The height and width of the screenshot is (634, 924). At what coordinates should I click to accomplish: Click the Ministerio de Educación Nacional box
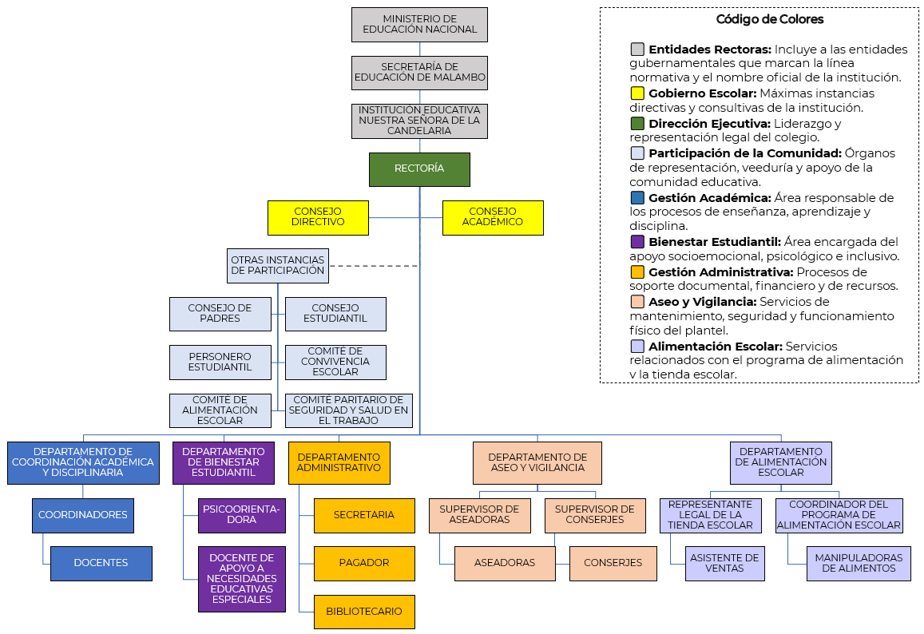pos(419,24)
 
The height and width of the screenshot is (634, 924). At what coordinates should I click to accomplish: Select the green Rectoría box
pos(419,169)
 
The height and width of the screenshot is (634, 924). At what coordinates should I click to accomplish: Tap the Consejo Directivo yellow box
pos(318,217)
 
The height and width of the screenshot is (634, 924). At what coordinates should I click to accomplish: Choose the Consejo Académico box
pos(493,217)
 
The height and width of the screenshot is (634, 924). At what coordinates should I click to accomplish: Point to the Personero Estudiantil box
pos(220,362)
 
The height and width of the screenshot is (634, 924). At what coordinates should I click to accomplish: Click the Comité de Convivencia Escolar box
pos(335,362)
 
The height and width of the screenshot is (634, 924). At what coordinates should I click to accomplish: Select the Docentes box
pos(101,563)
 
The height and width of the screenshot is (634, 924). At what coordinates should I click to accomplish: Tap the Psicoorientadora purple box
pos(241,515)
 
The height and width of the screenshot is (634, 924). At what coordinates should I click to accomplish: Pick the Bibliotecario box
pos(364,612)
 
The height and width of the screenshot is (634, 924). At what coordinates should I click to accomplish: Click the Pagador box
pos(364,563)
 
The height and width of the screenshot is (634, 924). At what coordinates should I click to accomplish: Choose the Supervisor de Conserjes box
pos(595,515)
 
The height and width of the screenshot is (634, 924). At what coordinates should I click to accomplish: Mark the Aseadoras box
pos(505,563)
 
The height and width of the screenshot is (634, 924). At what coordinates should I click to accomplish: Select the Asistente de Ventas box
pos(725,563)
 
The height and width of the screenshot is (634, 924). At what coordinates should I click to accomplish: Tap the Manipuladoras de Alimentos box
pos(859,563)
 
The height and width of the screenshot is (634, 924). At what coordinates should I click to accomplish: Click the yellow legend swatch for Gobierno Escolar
pos(637,93)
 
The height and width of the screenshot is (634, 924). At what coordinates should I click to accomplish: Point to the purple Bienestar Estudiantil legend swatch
pos(637,242)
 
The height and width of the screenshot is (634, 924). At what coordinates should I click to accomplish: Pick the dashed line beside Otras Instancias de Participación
pos(373,266)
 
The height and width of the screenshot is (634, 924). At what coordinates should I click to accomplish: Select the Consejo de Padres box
pos(220,314)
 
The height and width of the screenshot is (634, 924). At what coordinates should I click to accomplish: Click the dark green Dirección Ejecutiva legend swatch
pos(637,124)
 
